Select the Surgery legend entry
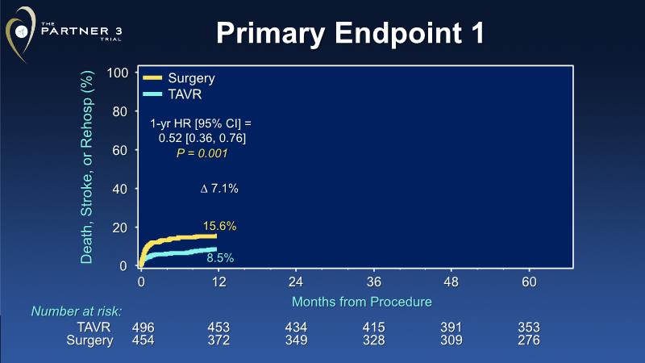tap(191, 78)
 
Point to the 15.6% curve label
tap(219, 227)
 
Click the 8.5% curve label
tap(219, 258)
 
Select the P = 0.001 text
tap(202, 153)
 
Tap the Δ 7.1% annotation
tap(219, 189)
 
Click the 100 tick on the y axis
tap(119, 73)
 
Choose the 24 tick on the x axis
tap(296, 283)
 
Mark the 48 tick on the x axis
tap(451, 283)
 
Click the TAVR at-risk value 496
tap(142, 328)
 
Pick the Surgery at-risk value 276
tap(529, 340)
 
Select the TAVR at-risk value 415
tap(373, 328)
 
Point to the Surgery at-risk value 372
tap(218, 340)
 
